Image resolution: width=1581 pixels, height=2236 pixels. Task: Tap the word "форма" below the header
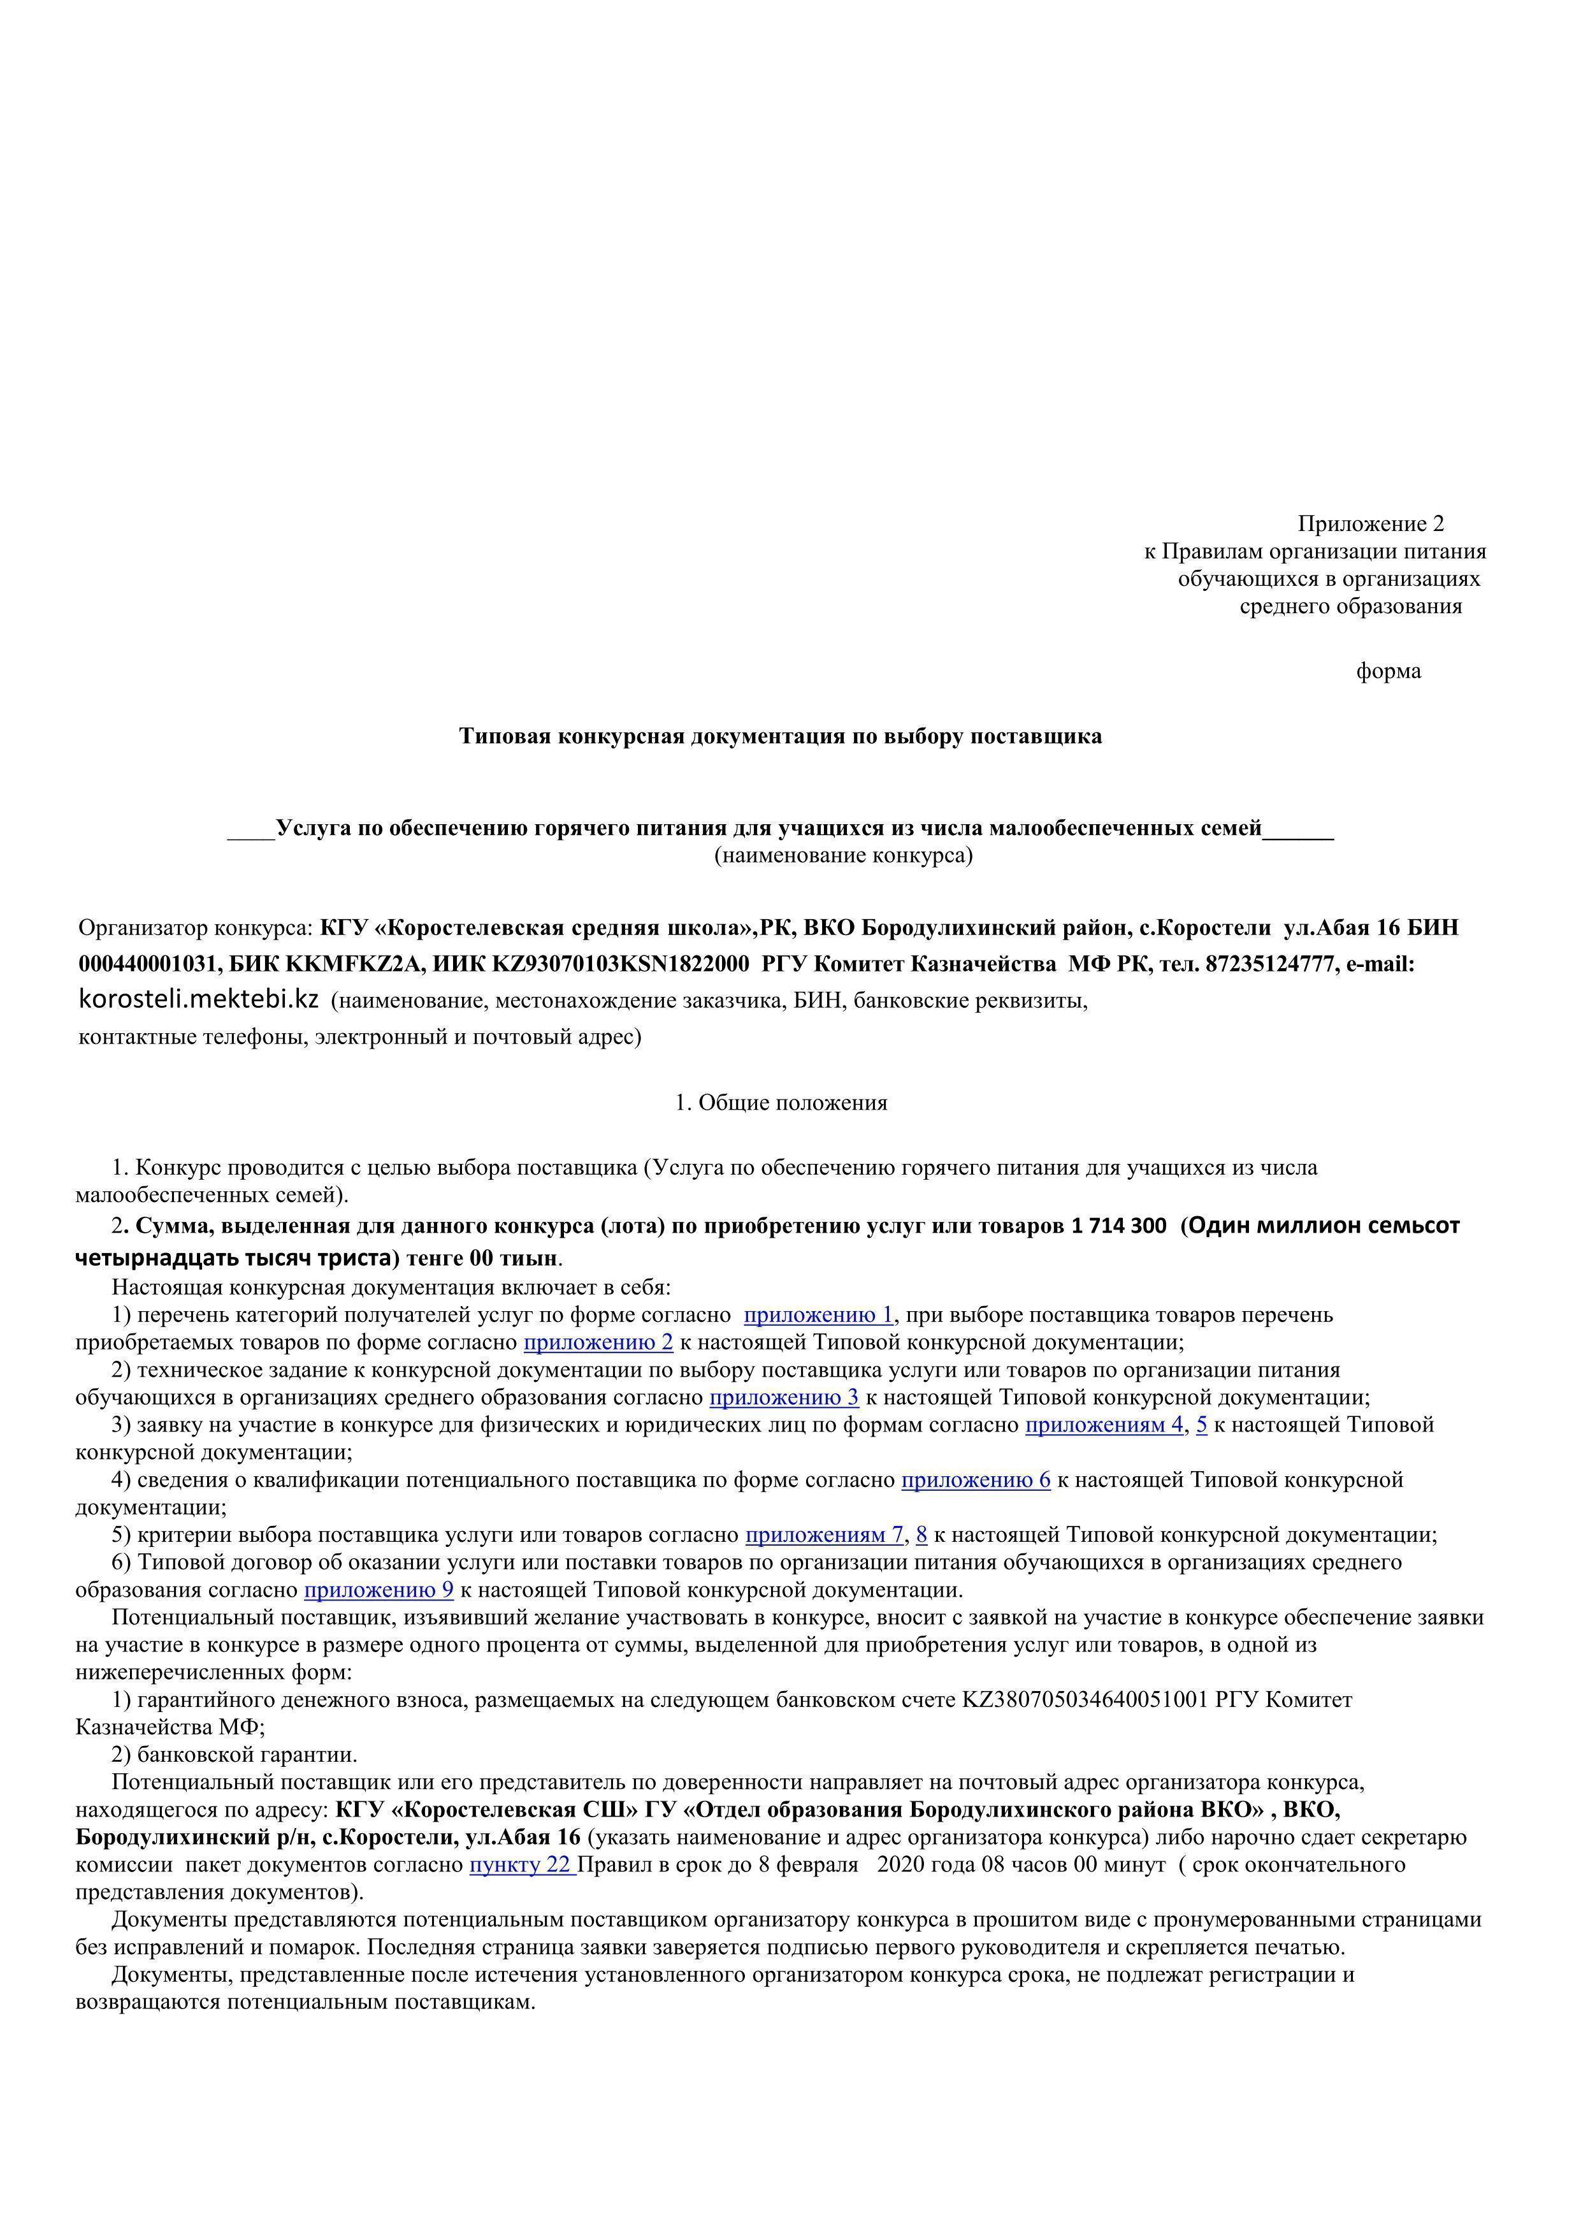tap(1389, 671)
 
